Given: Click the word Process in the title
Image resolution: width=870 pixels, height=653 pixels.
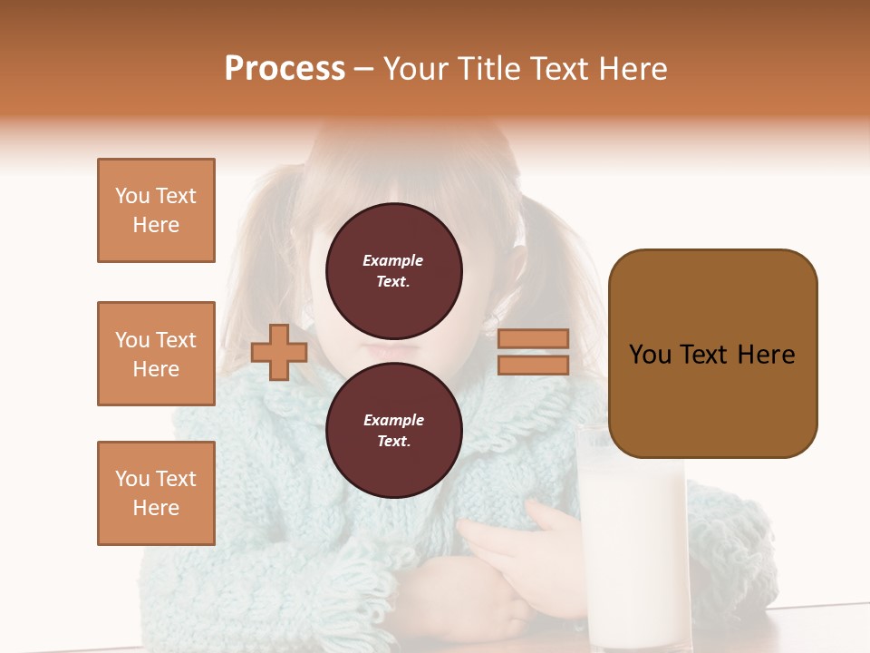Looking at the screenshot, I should coord(285,69).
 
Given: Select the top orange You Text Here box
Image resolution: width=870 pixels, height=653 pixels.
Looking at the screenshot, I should coord(156,210).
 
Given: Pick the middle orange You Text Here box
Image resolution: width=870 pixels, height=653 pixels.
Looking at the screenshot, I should coord(156,354).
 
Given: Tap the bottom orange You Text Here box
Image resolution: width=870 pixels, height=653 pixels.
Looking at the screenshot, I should coord(156,493).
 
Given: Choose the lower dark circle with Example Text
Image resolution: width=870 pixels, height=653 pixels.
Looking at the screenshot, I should coord(393,430).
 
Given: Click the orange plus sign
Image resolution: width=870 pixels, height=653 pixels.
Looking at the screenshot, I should coord(279,352).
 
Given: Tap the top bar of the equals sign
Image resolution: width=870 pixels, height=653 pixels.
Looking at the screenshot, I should coord(533,339).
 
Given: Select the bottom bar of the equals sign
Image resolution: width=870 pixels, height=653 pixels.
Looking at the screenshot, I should coord(533,365).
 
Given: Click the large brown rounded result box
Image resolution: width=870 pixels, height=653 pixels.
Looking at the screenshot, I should coord(712,354).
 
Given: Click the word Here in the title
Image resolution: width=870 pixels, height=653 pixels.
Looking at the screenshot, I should coord(634,69).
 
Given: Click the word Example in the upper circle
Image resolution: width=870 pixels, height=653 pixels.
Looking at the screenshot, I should coord(393,260).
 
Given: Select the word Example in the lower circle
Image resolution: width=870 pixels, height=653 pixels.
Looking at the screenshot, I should coord(393,420).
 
